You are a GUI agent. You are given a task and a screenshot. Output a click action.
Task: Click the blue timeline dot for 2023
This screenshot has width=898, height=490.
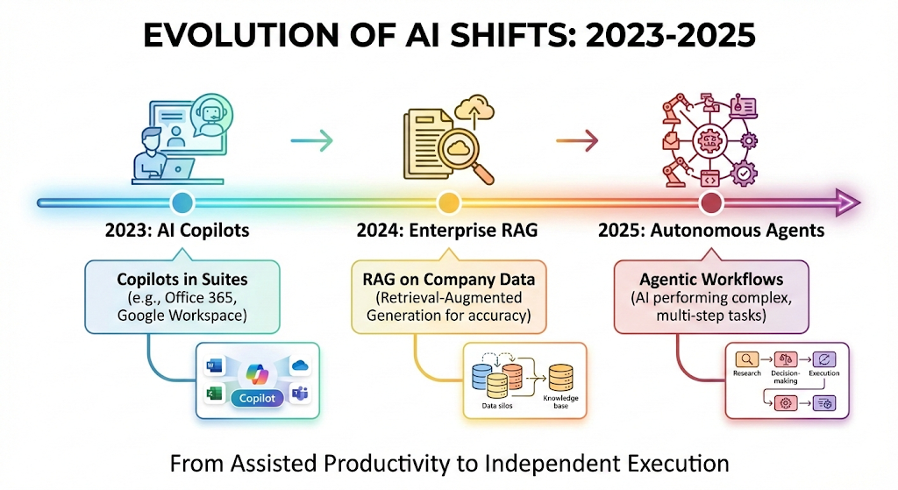click(x=182, y=202)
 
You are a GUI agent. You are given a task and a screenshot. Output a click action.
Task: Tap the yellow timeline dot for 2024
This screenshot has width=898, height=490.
click(x=448, y=202)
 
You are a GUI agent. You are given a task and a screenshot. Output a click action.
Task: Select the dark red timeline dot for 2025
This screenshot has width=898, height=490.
click(x=711, y=202)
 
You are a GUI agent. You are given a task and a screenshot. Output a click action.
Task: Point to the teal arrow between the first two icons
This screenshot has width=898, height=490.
click(x=311, y=140)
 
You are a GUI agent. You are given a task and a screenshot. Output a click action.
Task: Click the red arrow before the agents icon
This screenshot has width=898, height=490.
click(x=577, y=140)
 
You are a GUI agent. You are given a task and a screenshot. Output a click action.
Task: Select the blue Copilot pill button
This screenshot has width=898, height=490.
click(x=257, y=398)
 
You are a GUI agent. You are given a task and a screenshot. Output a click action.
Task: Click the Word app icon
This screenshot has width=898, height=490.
click(x=215, y=366)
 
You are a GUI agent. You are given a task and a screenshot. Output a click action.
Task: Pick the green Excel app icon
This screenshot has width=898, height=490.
click(x=214, y=394)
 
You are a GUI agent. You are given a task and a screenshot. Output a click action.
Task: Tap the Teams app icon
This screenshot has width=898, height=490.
click(x=300, y=394)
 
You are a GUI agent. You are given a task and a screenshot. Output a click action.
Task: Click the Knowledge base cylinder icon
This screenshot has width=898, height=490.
click(x=560, y=378)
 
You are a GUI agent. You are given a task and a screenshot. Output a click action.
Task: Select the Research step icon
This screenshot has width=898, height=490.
click(x=746, y=359)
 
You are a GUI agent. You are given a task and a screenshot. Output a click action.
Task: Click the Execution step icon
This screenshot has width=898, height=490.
click(x=824, y=359)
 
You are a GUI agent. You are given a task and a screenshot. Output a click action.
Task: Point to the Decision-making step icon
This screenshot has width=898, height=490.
click(x=785, y=359)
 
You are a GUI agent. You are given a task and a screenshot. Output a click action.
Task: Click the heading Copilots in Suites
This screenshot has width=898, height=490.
click(x=182, y=280)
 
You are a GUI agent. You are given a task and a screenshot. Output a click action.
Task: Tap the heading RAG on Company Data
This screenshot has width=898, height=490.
click(x=448, y=280)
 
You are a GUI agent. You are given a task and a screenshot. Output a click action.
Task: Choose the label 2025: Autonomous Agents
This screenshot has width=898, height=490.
click(x=711, y=231)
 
